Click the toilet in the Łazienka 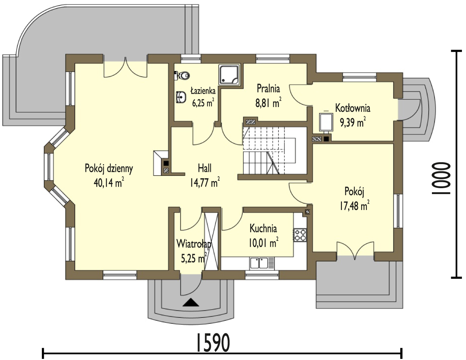pos(182,76)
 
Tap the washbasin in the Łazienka pos(180,97)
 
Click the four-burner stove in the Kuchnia pos(300,235)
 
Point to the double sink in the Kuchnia pos(262,263)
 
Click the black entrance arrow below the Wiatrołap pos(191,303)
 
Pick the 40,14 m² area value pos(109,183)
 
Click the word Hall pos(204,168)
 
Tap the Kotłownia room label pos(353,108)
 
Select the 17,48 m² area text pos(354,206)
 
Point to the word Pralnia pos(268,89)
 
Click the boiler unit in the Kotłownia pos(326,122)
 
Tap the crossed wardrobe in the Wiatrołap pos(212,241)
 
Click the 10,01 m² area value pos(263,243)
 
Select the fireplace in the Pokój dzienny pos(161,163)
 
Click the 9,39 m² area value pos(353,123)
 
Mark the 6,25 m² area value pos(203,103)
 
